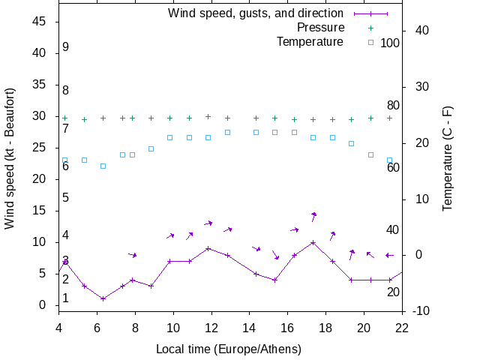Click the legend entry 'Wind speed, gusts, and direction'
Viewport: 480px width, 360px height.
[x=255, y=13]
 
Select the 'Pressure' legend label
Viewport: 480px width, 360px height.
[x=320, y=28]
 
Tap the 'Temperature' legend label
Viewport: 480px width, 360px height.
[x=310, y=42]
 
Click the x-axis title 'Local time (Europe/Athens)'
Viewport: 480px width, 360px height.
[x=229, y=349]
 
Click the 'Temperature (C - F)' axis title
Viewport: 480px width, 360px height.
[x=448, y=158]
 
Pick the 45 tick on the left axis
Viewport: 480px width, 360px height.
[x=40, y=22]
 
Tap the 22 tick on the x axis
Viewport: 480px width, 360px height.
[x=402, y=327]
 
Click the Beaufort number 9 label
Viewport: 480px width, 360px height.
[x=66, y=47]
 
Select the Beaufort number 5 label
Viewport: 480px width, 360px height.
[x=66, y=198]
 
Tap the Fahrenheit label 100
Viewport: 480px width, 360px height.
[x=390, y=43]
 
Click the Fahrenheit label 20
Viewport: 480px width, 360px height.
[x=393, y=292]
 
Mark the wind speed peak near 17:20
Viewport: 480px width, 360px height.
[x=313, y=242]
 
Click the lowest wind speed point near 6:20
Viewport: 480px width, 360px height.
[x=103, y=298]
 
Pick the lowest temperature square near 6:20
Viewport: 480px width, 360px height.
[x=103, y=166]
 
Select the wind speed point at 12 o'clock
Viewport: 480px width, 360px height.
[x=208, y=248]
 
